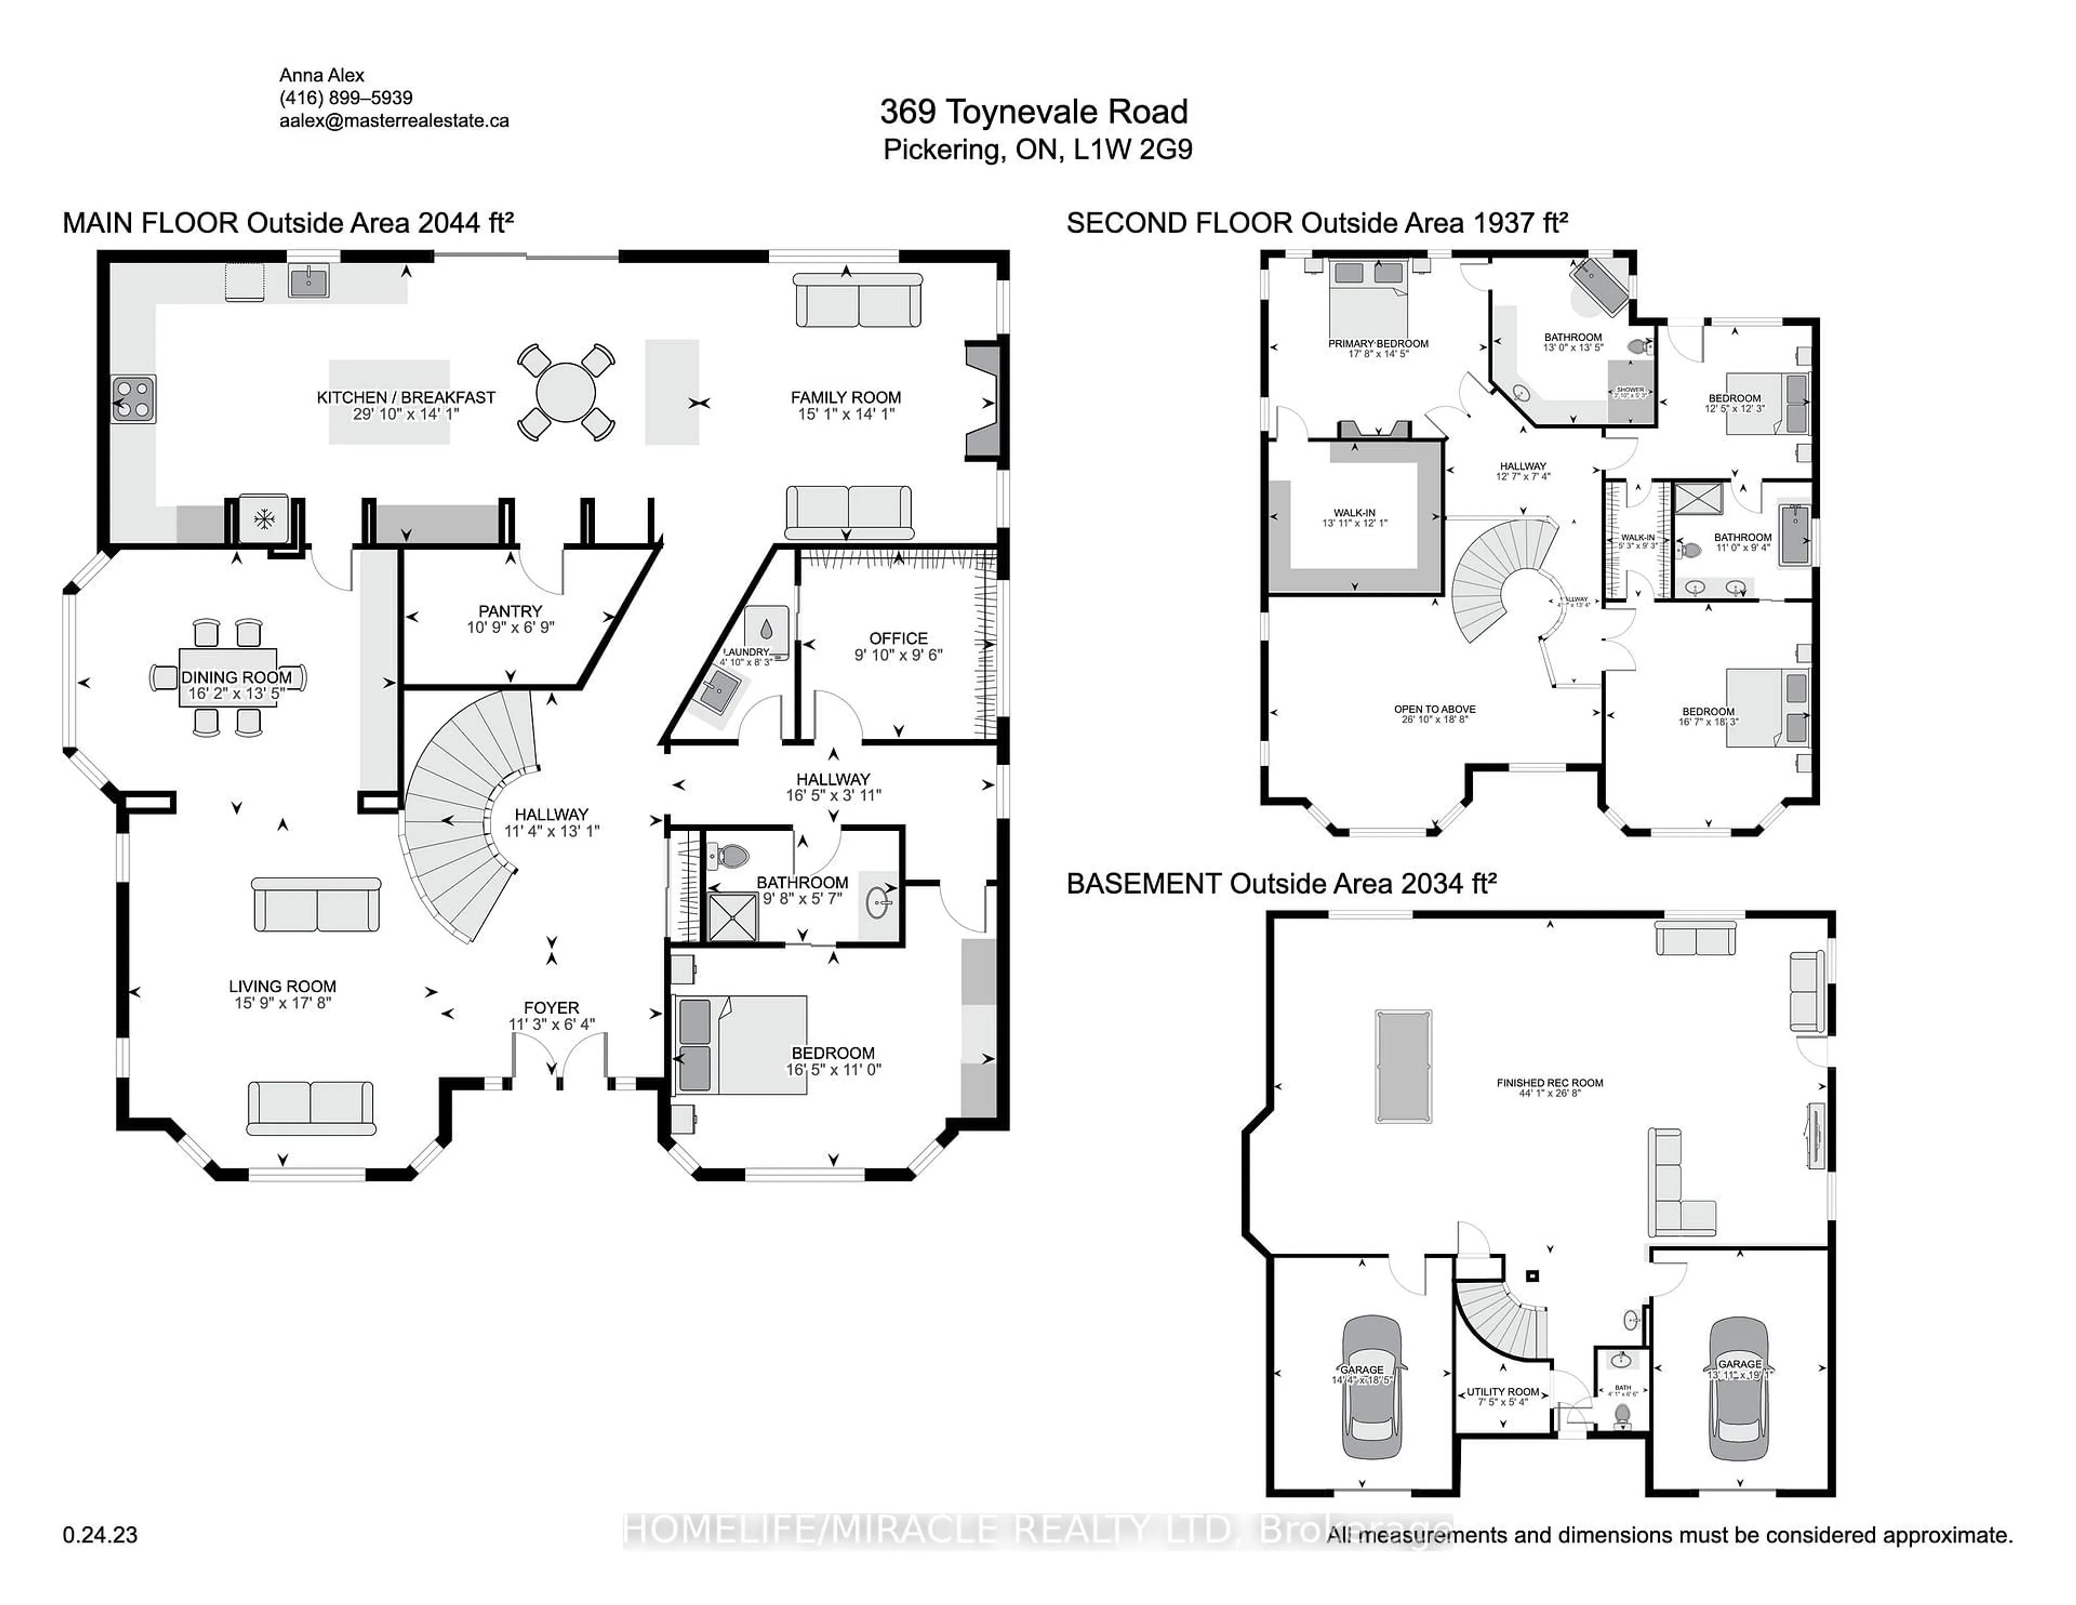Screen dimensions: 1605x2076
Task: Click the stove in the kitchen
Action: [133, 399]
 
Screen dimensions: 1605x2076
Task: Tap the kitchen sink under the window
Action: [309, 282]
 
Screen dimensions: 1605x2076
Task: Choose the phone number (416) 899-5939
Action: [346, 98]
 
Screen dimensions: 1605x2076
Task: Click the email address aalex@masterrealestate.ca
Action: [394, 121]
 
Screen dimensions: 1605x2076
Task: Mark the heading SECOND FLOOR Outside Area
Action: [1316, 222]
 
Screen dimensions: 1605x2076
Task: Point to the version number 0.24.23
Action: [100, 1535]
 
